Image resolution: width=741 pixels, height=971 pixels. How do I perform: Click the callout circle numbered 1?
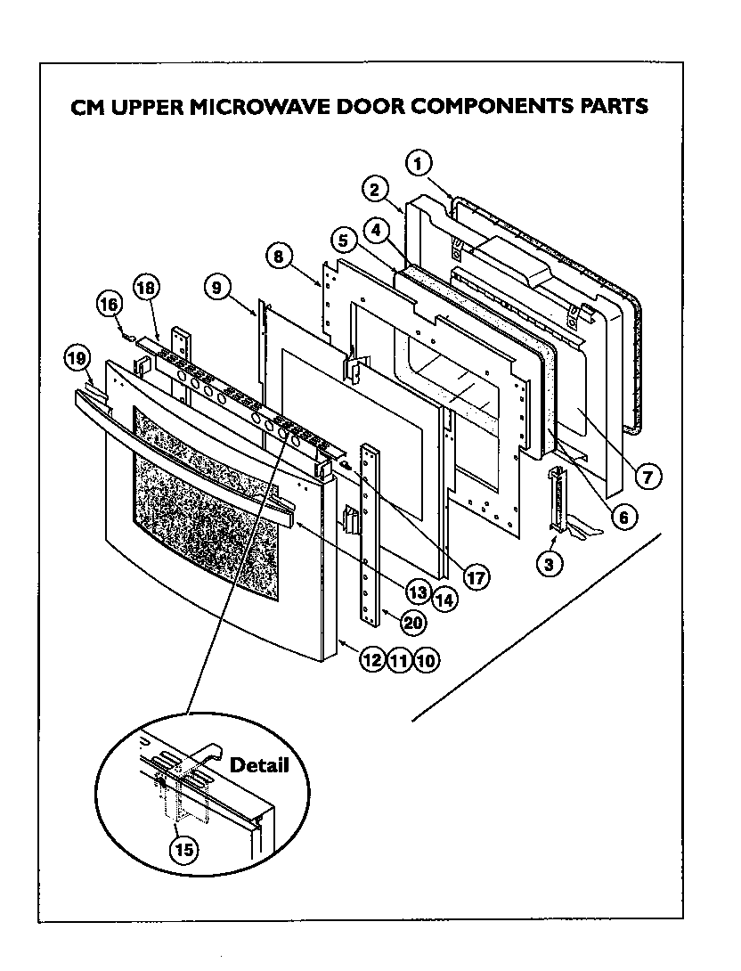(419, 163)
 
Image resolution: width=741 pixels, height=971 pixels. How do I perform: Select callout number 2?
(375, 189)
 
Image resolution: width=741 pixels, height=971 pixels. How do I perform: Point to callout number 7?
(647, 476)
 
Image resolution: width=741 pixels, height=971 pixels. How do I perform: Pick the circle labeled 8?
(279, 257)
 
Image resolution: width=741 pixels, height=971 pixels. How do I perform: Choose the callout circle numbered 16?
(108, 304)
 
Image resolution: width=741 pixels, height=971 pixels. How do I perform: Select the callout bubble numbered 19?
(77, 359)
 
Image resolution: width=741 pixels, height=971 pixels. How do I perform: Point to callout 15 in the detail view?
(183, 849)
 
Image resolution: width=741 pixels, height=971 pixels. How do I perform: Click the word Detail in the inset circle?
(259, 765)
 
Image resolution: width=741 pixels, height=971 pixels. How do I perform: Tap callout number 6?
(622, 515)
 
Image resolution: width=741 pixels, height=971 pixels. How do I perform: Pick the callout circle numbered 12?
(371, 660)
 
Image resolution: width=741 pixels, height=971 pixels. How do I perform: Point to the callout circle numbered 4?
(378, 230)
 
